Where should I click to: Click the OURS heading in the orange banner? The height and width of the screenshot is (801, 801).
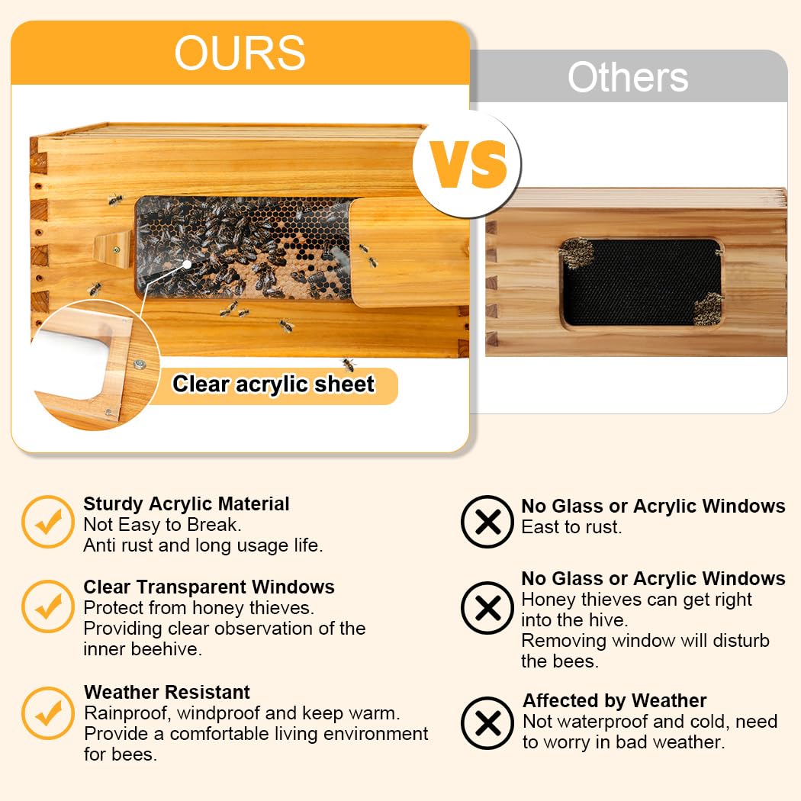point(240,53)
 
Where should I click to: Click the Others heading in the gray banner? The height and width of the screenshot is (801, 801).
point(628,77)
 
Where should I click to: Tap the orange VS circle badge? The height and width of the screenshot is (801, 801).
point(468,164)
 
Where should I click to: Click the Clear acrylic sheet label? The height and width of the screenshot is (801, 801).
point(273,384)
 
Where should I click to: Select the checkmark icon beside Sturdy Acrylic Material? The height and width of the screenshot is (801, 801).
point(48,522)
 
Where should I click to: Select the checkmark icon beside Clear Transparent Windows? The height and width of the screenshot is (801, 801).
point(48,606)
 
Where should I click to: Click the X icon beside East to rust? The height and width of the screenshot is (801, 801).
point(488,522)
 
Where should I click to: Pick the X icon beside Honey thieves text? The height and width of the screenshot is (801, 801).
point(488,608)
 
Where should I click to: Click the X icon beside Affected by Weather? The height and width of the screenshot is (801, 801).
point(488,722)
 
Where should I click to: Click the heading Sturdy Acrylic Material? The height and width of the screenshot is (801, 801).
point(186,503)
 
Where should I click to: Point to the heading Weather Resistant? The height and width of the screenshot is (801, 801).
point(166,692)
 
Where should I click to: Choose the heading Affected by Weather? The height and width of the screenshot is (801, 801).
point(614,700)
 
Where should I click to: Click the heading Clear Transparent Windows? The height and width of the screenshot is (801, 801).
point(208,587)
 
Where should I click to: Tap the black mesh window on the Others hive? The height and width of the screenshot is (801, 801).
point(642,282)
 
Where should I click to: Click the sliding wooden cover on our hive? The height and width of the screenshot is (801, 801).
point(409,252)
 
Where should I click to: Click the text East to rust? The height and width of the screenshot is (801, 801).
point(571,526)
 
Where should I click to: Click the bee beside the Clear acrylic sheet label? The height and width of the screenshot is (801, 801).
point(349,364)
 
